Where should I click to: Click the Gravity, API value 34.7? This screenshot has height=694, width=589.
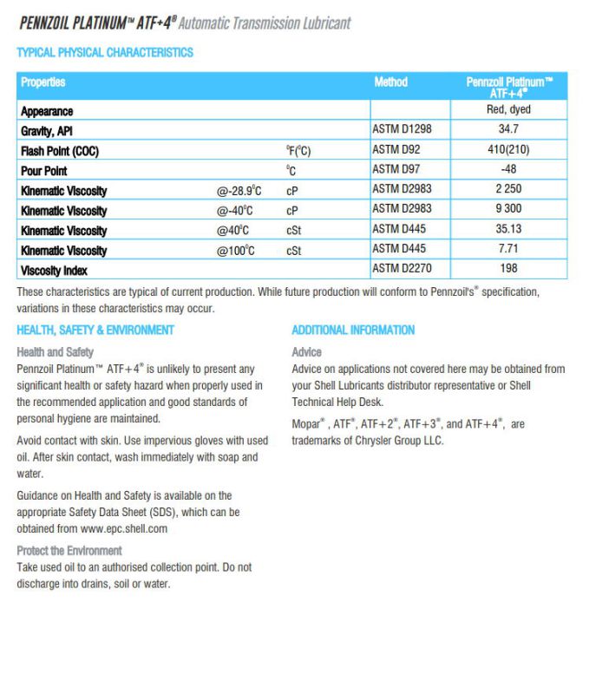click(x=508, y=130)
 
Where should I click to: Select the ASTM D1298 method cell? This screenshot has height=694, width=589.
click(x=402, y=130)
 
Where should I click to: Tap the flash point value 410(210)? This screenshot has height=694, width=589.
click(x=508, y=150)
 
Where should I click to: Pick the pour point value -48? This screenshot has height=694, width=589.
click(x=508, y=170)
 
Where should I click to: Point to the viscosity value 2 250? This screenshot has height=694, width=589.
click(x=508, y=189)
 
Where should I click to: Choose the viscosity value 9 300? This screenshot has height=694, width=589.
click(x=508, y=209)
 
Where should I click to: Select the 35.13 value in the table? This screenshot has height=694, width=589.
click(x=508, y=229)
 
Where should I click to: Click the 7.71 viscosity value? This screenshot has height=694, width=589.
click(x=508, y=249)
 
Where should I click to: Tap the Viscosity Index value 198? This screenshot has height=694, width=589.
click(x=508, y=269)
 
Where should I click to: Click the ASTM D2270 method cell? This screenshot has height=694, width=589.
click(x=402, y=269)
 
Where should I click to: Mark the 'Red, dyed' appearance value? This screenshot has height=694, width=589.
click(x=508, y=110)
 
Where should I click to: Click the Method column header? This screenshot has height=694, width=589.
click(x=390, y=82)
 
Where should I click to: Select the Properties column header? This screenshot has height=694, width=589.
click(x=43, y=82)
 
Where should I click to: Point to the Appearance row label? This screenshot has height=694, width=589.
click(x=48, y=111)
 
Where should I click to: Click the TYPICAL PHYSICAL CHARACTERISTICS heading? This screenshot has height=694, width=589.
click(x=105, y=53)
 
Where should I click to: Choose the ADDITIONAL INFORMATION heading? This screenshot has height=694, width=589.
click(x=353, y=331)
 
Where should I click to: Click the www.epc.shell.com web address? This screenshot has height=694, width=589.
click(x=124, y=528)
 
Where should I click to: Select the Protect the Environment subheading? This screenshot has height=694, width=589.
click(x=69, y=551)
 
